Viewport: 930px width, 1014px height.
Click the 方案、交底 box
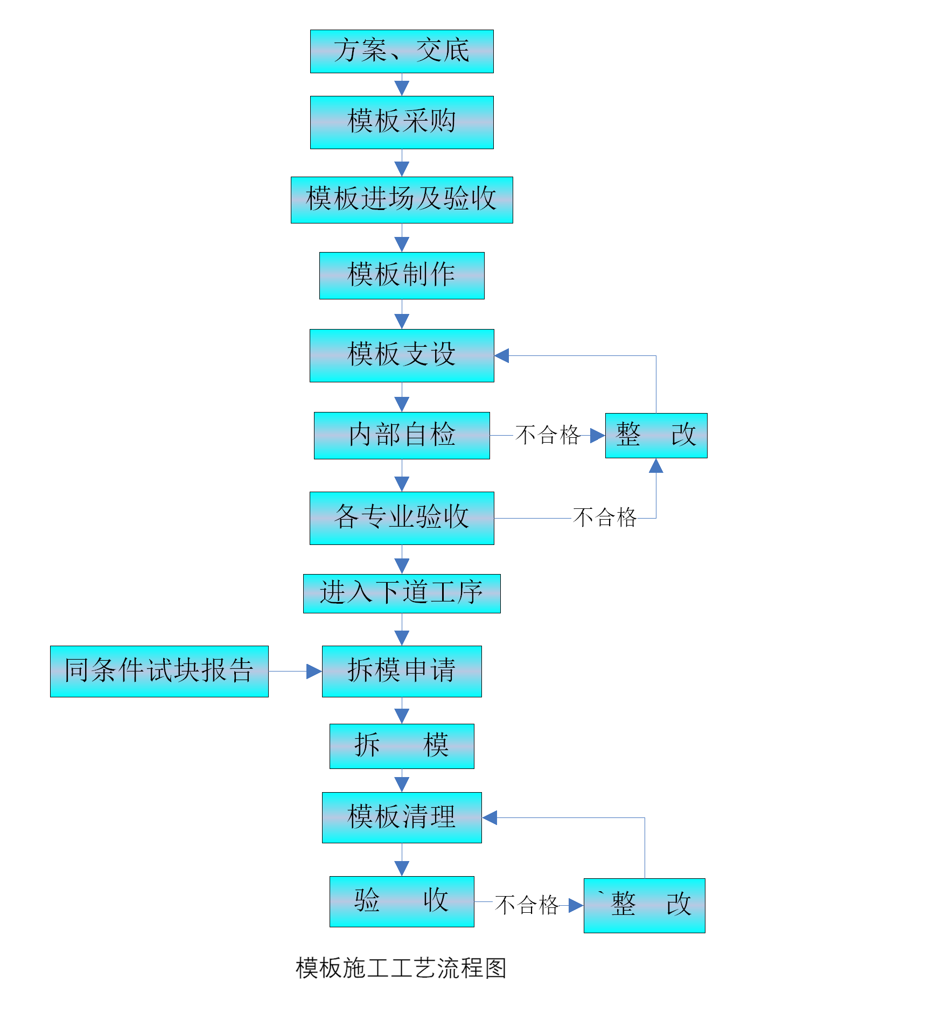tap(402, 51)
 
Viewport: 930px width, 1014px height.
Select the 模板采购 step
tap(402, 122)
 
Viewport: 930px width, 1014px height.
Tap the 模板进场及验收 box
tap(402, 200)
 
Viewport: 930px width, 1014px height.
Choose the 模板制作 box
tap(402, 275)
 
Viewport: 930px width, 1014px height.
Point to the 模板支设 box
tap(402, 355)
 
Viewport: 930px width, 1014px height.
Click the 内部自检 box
tap(402, 435)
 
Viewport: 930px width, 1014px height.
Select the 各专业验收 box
tap(402, 518)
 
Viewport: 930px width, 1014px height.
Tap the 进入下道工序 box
tap(402, 593)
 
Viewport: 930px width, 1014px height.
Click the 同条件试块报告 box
tap(159, 671)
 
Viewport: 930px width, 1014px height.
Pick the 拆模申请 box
tap(402, 671)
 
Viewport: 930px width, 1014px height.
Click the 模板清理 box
tap(402, 817)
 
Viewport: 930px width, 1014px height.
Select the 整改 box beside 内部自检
tap(656, 435)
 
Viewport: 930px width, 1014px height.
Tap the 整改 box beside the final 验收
tap(644, 905)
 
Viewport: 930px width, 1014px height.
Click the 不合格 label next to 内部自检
tap(546, 435)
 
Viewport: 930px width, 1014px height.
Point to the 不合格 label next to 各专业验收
tap(604, 518)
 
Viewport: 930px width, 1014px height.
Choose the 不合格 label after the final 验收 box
tap(526, 905)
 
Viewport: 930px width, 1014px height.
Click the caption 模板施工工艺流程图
tap(401, 970)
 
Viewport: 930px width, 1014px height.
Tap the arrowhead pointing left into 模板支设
tap(501, 355)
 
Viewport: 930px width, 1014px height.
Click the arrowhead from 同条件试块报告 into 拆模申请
tap(314, 671)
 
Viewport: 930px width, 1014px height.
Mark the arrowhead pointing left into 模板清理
tap(490, 817)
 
